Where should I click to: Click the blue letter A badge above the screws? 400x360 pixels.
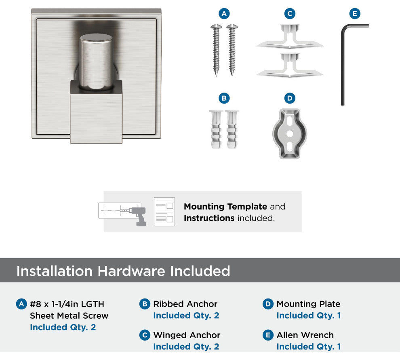(224, 13)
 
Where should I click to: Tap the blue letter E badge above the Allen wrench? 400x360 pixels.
(355, 13)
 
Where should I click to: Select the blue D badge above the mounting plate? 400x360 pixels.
(290, 98)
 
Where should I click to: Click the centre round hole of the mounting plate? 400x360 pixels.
(290, 133)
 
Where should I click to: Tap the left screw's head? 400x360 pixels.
(216, 26)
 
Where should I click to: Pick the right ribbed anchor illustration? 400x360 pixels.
(232, 129)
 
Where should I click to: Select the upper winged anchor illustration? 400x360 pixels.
(290, 36)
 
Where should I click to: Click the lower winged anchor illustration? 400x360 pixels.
(290, 65)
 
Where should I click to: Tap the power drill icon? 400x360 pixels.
(137, 216)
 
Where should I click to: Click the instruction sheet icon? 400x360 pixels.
(164, 212)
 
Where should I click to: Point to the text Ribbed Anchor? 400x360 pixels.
(185, 304)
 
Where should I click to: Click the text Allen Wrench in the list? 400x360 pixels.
(305, 335)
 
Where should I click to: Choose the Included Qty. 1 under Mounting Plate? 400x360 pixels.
(309, 316)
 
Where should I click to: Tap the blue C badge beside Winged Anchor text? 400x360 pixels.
(145, 335)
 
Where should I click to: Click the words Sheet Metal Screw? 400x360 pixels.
(69, 316)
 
